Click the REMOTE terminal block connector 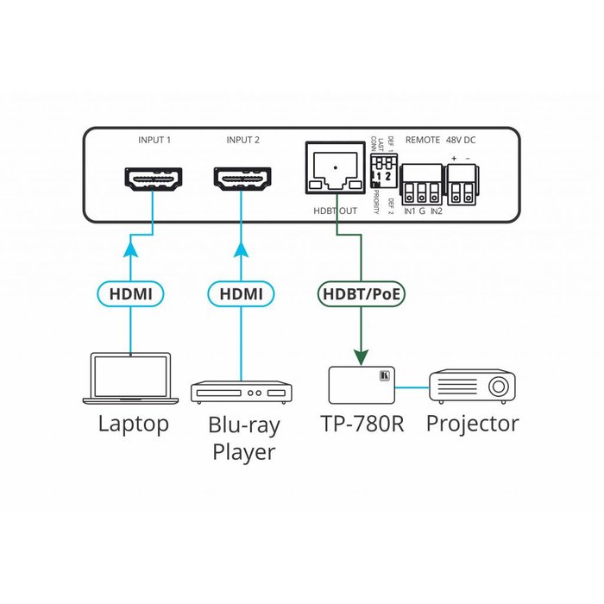(419, 184)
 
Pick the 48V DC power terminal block (462, 183)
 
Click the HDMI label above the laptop (131, 294)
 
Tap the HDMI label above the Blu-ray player (240, 294)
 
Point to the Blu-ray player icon (240, 393)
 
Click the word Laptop (133, 424)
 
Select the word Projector (472, 424)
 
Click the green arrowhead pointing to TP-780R (359, 354)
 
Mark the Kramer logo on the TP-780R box (386, 376)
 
